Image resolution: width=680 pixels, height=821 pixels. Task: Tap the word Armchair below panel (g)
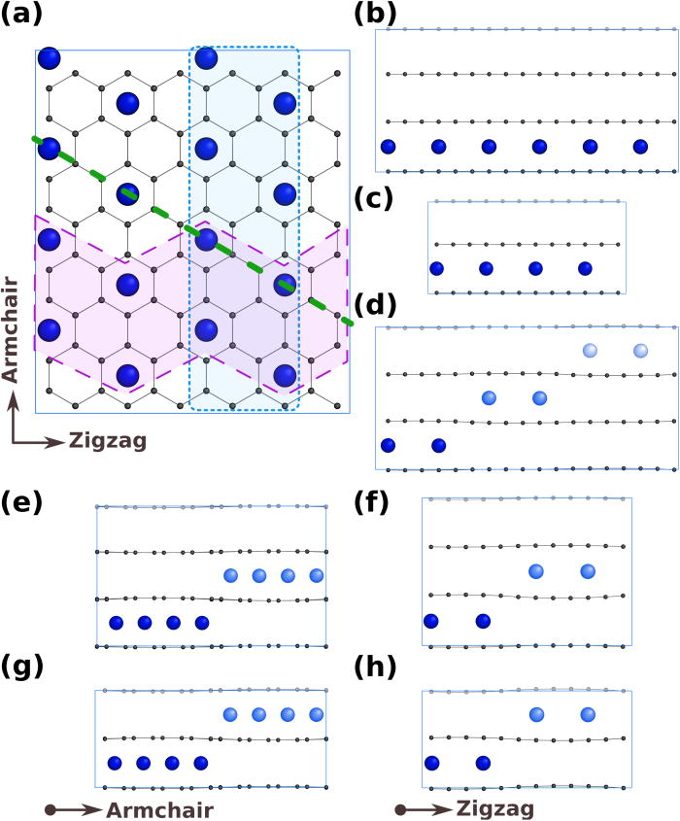tap(158, 808)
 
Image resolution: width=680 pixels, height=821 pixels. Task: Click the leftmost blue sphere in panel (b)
tap(389, 147)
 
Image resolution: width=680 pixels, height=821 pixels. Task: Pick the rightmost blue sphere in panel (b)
tap(640, 147)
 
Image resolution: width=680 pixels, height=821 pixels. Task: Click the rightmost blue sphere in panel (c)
tap(584, 268)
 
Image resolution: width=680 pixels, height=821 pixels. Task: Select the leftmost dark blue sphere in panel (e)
tap(117, 623)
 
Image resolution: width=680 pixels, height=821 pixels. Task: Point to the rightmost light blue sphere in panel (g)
tap(316, 715)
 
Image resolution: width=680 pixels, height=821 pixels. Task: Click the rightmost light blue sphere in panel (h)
tap(587, 715)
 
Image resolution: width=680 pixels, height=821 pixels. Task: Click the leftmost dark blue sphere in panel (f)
tap(431, 621)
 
